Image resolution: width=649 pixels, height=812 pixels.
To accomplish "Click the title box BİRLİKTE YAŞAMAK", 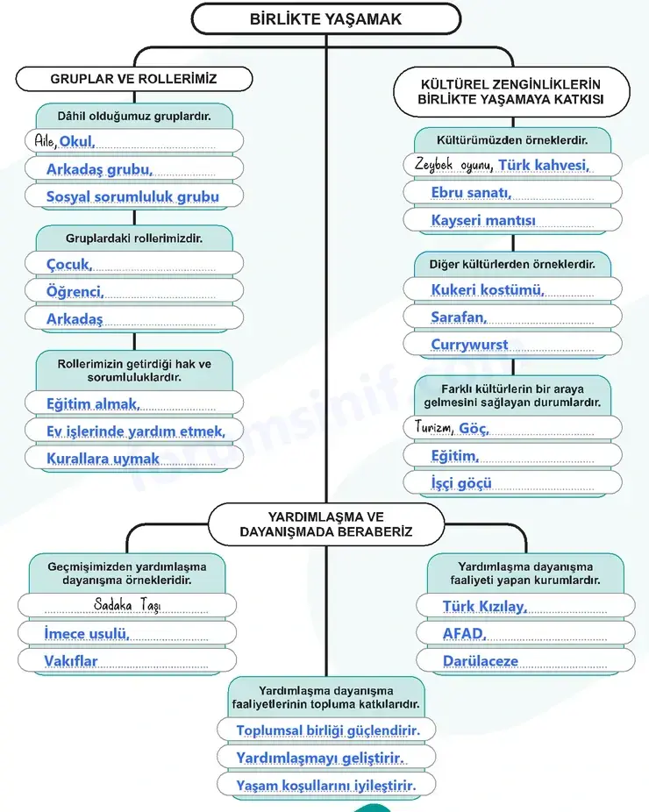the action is click(325, 19).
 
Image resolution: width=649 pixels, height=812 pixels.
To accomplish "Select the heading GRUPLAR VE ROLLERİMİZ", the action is click(133, 79).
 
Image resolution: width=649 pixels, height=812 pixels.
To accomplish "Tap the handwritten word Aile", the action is click(45, 141).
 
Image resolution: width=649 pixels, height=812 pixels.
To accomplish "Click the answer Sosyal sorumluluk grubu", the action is click(132, 196).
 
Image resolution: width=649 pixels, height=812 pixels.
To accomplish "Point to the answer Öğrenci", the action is click(75, 291).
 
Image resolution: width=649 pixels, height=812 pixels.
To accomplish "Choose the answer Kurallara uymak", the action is click(103, 459).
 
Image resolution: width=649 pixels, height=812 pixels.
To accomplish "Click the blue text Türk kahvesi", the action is click(544, 165).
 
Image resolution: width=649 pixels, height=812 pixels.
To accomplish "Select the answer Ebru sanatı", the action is click(471, 193).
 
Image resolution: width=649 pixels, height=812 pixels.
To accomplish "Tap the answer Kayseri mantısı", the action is click(483, 221).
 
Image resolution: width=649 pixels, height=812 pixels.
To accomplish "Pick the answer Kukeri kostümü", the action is click(488, 289).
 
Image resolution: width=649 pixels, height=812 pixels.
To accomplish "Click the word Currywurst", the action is click(469, 345).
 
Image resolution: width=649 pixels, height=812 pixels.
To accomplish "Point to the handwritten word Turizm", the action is click(434, 428).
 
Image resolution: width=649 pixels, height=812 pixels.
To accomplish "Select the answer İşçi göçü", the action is click(461, 483).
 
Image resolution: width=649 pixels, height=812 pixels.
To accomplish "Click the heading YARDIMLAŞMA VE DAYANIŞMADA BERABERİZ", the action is click(325, 524).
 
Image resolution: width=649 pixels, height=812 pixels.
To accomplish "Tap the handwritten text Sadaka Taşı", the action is click(127, 605).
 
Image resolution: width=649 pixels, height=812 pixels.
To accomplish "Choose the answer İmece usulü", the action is click(87, 633).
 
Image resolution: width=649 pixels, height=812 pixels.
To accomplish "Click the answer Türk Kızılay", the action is click(485, 607).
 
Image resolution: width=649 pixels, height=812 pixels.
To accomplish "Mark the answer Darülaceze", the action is click(480, 661).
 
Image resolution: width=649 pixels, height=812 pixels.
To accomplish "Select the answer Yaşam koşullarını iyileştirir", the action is click(325, 786).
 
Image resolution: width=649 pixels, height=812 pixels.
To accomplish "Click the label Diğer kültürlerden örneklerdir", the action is click(512, 264).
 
